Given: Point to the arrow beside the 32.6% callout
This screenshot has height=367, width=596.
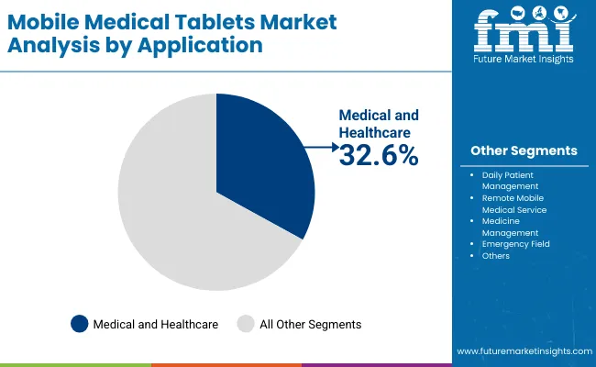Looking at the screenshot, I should pos(321,147).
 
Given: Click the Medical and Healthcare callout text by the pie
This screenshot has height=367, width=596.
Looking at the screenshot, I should pos(379,124).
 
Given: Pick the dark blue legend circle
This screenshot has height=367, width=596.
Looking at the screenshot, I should pos(80,324).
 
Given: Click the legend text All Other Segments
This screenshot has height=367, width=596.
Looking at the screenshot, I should pos(311,324).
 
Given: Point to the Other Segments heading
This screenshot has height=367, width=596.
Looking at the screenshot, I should pos(524,150).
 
